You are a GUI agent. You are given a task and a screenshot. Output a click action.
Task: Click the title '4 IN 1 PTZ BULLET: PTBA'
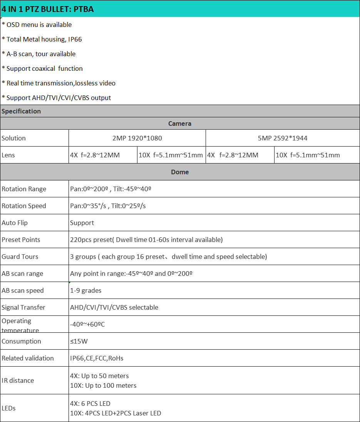[x=48, y=9]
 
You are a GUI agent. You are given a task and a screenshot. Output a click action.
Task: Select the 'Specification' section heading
[x=21, y=111]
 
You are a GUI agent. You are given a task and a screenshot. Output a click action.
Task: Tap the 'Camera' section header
[x=180, y=123]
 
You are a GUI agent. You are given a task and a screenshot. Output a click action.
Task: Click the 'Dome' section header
[x=180, y=172]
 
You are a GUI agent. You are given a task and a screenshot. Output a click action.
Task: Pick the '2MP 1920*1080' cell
[x=137, y=138]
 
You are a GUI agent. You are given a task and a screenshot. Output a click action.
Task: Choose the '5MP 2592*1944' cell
[x=283, y=138]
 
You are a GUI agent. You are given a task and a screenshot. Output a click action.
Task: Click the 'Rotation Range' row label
[x=24, y=189]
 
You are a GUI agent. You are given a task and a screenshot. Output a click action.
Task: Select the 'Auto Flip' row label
[x=15, y=223]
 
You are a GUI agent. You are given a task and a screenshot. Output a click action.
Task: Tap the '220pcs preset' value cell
[x=146, y=240]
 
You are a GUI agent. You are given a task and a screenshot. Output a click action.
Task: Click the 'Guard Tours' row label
[x=20, y=257]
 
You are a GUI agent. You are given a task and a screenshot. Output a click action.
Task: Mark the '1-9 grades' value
[x=86, y=290]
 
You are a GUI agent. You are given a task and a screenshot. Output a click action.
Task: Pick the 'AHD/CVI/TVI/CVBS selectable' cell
[x=114, y=307]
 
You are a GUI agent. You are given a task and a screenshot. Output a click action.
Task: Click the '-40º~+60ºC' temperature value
[x=87, y=324]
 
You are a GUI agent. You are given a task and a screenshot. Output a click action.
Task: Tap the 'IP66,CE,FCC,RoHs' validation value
[x=97, y=358]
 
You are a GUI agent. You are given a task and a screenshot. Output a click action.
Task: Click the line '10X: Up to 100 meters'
[x=103, y=385]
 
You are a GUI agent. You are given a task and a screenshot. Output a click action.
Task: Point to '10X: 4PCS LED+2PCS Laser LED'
[x=116, y=413]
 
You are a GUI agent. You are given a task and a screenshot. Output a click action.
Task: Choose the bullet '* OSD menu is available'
[x=37, y=25]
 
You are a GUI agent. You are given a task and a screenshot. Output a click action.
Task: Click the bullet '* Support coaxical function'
[x=42, y=68]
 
